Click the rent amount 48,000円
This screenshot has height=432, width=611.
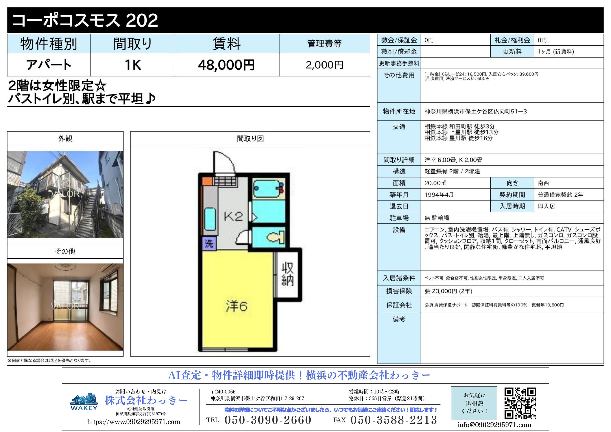point(226,65)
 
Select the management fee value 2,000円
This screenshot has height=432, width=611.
point(324,65)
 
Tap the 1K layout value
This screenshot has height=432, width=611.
point(133,65)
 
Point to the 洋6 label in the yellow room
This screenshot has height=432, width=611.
point(237,306)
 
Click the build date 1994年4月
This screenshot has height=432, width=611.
point(439,195)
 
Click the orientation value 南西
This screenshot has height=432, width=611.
point(543,183)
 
